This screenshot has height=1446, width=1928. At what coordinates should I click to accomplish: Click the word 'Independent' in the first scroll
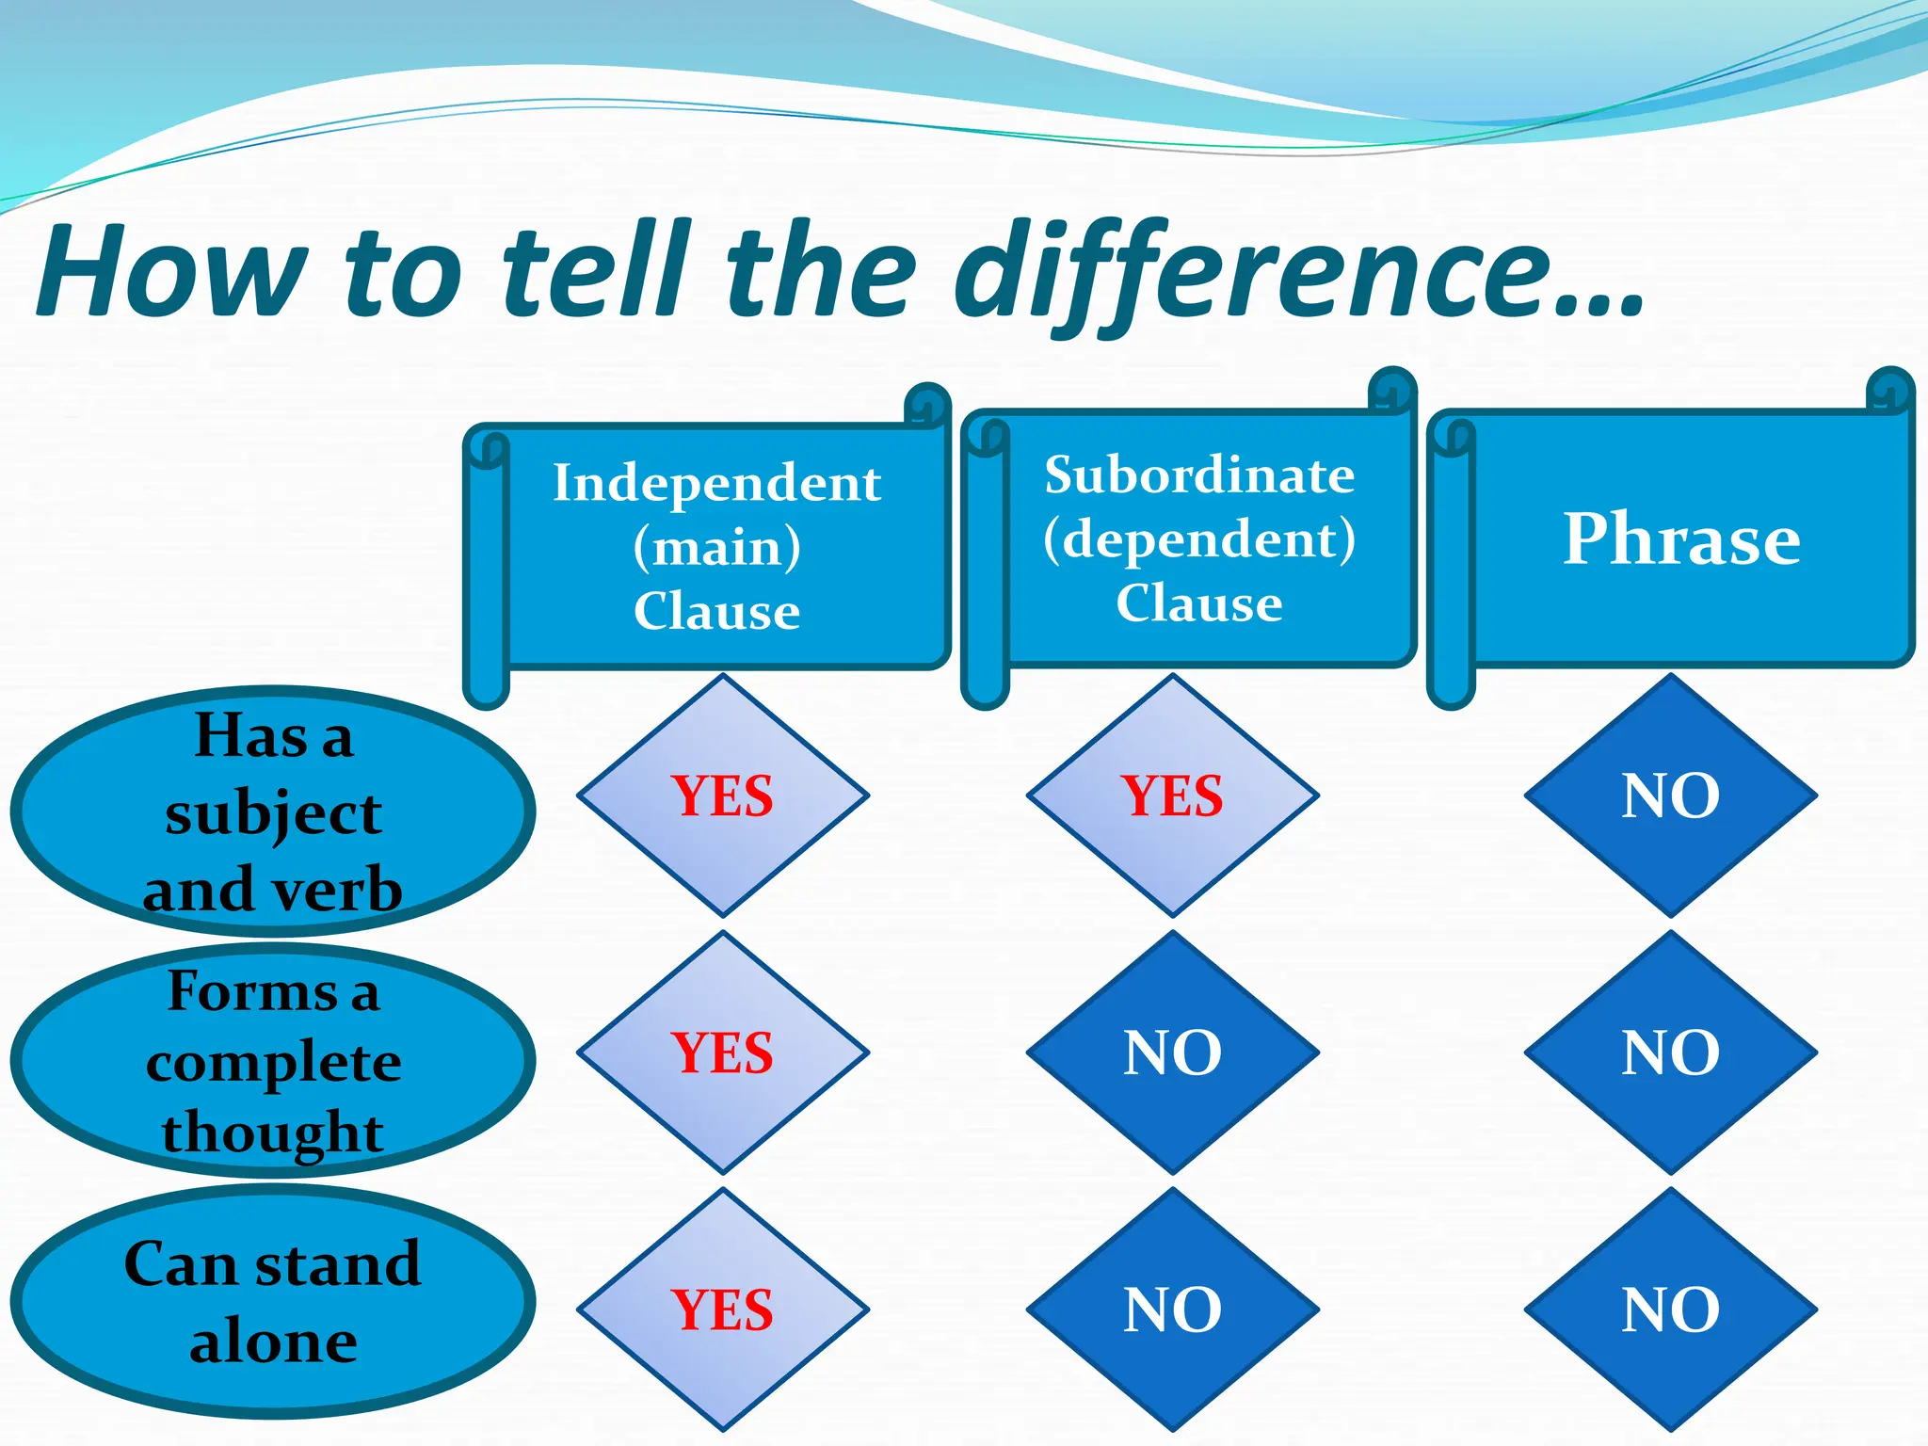pos(716,484)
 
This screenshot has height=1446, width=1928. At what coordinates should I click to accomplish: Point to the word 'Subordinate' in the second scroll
pos(1199,474)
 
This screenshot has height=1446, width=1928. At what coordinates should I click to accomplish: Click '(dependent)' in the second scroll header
pos(1199,538)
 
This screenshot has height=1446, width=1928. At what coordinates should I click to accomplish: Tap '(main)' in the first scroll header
pos(716,547)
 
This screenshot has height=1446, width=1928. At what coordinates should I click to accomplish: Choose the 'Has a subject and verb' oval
pos(273,811)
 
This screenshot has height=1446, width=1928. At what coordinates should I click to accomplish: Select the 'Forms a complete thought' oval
pos(273,1061)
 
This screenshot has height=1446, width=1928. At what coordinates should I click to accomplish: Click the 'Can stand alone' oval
pos(273,1301)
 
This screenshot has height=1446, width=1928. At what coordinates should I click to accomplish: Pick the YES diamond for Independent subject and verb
pos(722,795)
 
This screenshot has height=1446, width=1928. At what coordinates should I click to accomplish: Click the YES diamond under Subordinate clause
pos(1172,795)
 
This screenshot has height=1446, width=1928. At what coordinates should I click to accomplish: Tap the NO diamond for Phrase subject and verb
pos(1670,795)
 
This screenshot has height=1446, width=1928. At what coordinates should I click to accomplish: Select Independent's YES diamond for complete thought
pos(722,1052)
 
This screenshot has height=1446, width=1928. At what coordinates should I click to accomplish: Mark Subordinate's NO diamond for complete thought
pos(1172,1052)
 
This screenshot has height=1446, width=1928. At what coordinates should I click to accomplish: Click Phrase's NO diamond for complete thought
pos(1670,1052)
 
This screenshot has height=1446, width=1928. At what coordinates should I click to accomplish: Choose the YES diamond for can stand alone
pos(722,1309)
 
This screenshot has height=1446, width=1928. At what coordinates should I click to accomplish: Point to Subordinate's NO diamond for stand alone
pos(1172,1309)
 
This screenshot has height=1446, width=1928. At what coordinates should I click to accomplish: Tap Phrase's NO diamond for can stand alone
pos(1670,1309)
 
